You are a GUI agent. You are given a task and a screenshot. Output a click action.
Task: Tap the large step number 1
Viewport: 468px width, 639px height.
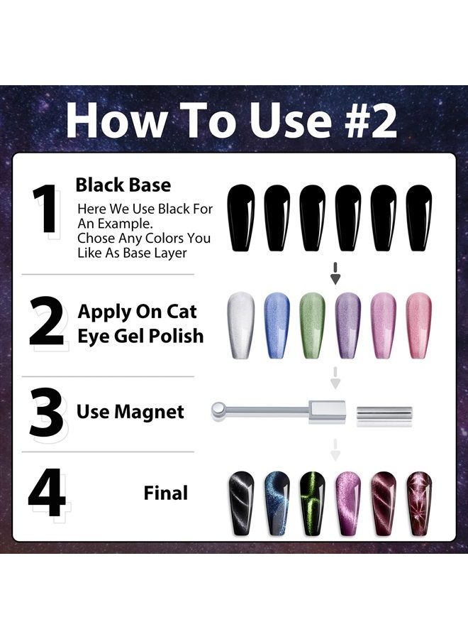(x=45, y=208)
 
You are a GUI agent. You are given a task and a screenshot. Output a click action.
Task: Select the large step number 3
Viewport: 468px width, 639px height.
(x=45, y=413)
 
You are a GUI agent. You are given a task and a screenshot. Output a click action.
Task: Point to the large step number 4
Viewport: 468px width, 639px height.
(x=47, y=493)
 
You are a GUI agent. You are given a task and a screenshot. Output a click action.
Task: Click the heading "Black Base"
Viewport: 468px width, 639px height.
(x=123, y=185)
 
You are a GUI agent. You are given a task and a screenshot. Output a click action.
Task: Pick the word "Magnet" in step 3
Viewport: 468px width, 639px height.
(x=149, y=412)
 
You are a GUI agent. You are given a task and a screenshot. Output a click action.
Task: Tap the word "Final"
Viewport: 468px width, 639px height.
(x=166, y=493)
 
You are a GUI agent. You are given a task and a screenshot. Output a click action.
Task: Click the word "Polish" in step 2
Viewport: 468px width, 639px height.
(x=176, y=337)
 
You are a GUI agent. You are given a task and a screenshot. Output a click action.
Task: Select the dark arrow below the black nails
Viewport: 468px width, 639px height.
(x=335, y=273)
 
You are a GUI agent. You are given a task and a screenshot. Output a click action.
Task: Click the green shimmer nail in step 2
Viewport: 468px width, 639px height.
(x=312, y=326)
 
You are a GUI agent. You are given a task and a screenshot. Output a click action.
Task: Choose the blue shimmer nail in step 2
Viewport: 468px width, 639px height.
(x=277, y=326)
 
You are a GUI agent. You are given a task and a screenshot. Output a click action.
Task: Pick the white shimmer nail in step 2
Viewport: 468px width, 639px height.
(x=241, y=326)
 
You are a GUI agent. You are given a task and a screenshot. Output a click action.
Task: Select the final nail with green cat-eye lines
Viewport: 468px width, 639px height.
(x=313, y=503)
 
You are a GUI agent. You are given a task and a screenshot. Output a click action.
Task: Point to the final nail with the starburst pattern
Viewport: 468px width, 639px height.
(x=419, y=503)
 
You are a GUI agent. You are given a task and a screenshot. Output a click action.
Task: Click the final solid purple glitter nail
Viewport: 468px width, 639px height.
(x=348, y=503)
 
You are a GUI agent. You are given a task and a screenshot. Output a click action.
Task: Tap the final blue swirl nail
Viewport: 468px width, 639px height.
(x=277, y=503)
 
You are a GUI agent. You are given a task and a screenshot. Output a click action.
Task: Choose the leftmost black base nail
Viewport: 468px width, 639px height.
(x=241, y=219)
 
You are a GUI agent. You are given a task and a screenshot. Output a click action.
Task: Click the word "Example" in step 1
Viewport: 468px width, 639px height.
(x=123, y=224)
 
